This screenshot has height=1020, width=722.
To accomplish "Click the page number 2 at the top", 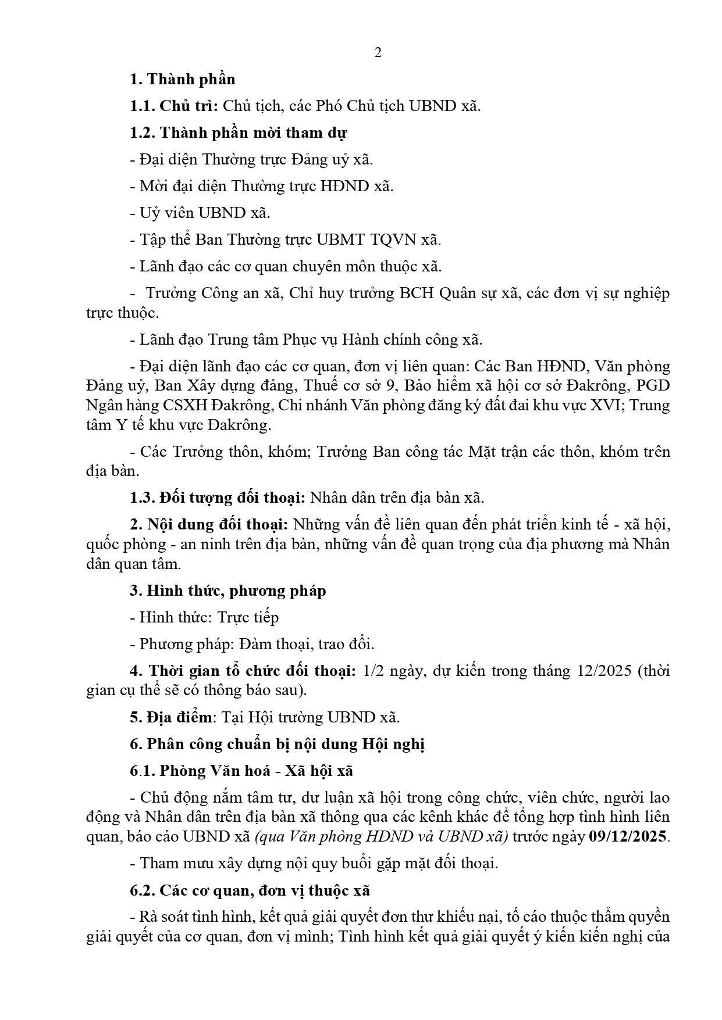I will point(378,53).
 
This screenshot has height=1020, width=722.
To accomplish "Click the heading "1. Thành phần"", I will point(182,79).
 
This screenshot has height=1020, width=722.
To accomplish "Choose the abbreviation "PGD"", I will point(654,386).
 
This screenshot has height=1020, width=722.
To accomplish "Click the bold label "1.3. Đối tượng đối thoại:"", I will point(218,498).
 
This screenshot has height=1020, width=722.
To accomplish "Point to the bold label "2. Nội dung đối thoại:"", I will point(209,524).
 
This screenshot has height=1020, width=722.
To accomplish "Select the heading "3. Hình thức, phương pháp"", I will point(227,590).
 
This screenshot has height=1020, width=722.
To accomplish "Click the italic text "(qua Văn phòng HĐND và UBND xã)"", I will point(381,836).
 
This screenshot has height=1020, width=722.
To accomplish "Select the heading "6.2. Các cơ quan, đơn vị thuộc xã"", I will point(250,890).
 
